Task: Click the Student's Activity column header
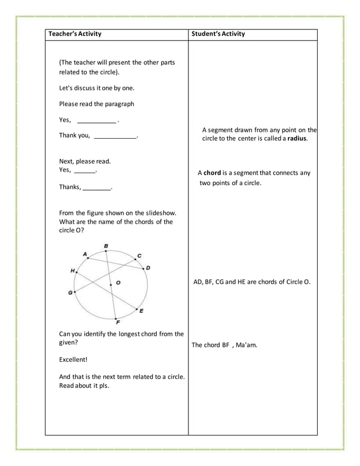pyautogui.click(x=219, y=34)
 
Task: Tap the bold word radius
pyautogui.click(x=297, y=138)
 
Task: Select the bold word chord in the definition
pyautogui.click(x=212, y=173)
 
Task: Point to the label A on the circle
pyautogui.click(x=85, y=254)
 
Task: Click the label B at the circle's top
pyautogui.click(x=106, y=245)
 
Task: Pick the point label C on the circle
pyautogui.click(x=139, y=256)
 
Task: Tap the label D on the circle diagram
pyautogui.click(x=148, y=267)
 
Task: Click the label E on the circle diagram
pyautogui.click(x=141, y=311)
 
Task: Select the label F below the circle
pyautogui.click(x=117, y=322)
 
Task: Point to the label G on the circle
pyautogui.click(x=71, y=293)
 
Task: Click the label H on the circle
pyautogui.click(x=72, y=271)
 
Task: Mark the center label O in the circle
pyautogui.click(x=118, y=282)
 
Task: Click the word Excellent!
pyautogui.click(x=73, y=359)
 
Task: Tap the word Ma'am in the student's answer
pyautogui.click(x=247, y=345)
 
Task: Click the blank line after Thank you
pyautogui.click(x=115, y=136)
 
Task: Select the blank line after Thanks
pyautogui.click(x=97, y=188)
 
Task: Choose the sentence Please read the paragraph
pyautogui.click(x=96, y=104)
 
